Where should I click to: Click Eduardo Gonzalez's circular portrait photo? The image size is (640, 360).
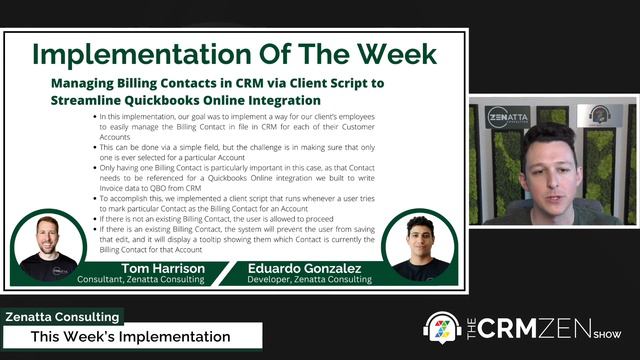pyautogui.click(x=419, y=245)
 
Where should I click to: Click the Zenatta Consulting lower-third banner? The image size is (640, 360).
pyautogui.click(x=61, y=317)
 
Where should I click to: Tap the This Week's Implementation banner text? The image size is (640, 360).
pyautogui.click(x=130, y=336)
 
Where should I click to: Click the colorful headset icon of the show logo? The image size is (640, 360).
pyautogui.click(x=442, y=328)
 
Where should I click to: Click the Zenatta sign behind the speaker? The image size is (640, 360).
pyautogui.click(x=507, y=117)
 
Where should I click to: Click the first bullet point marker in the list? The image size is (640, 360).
pyautogui.click(x=93, y=117)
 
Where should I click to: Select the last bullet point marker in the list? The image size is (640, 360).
pyautogui.click(x=93, y=229)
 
